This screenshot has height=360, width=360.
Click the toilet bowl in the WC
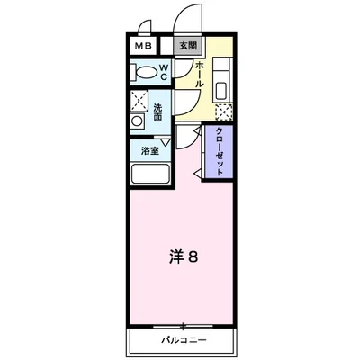click(143, 72)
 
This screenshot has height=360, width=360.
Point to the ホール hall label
click(199, 75)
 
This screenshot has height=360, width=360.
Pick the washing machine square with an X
click(139, 101)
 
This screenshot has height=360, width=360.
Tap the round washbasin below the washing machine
click(137, 120)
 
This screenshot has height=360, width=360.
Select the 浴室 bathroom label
click(150, 150)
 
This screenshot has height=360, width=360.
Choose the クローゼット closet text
click(220, 150)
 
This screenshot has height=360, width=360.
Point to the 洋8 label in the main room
click(184, 257)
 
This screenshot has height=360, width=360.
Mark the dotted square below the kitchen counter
click(224, 112)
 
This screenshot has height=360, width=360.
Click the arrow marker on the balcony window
click(184, 325)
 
